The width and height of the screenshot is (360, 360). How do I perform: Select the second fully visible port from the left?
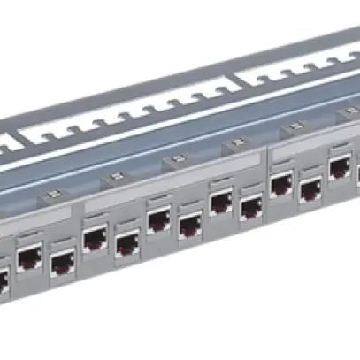pos(61,262)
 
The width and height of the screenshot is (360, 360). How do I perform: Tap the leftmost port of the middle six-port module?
pos(96,236)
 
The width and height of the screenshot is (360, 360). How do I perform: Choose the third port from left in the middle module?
pos(159,218)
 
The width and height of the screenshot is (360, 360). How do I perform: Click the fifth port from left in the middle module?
pos(221,202)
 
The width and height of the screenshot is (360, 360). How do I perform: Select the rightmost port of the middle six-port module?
pos(251,209)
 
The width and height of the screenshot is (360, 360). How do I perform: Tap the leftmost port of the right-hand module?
pos(281,184)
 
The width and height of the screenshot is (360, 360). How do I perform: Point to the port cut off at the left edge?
pos(3,280)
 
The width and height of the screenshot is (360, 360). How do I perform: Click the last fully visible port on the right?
pos(340,167)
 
